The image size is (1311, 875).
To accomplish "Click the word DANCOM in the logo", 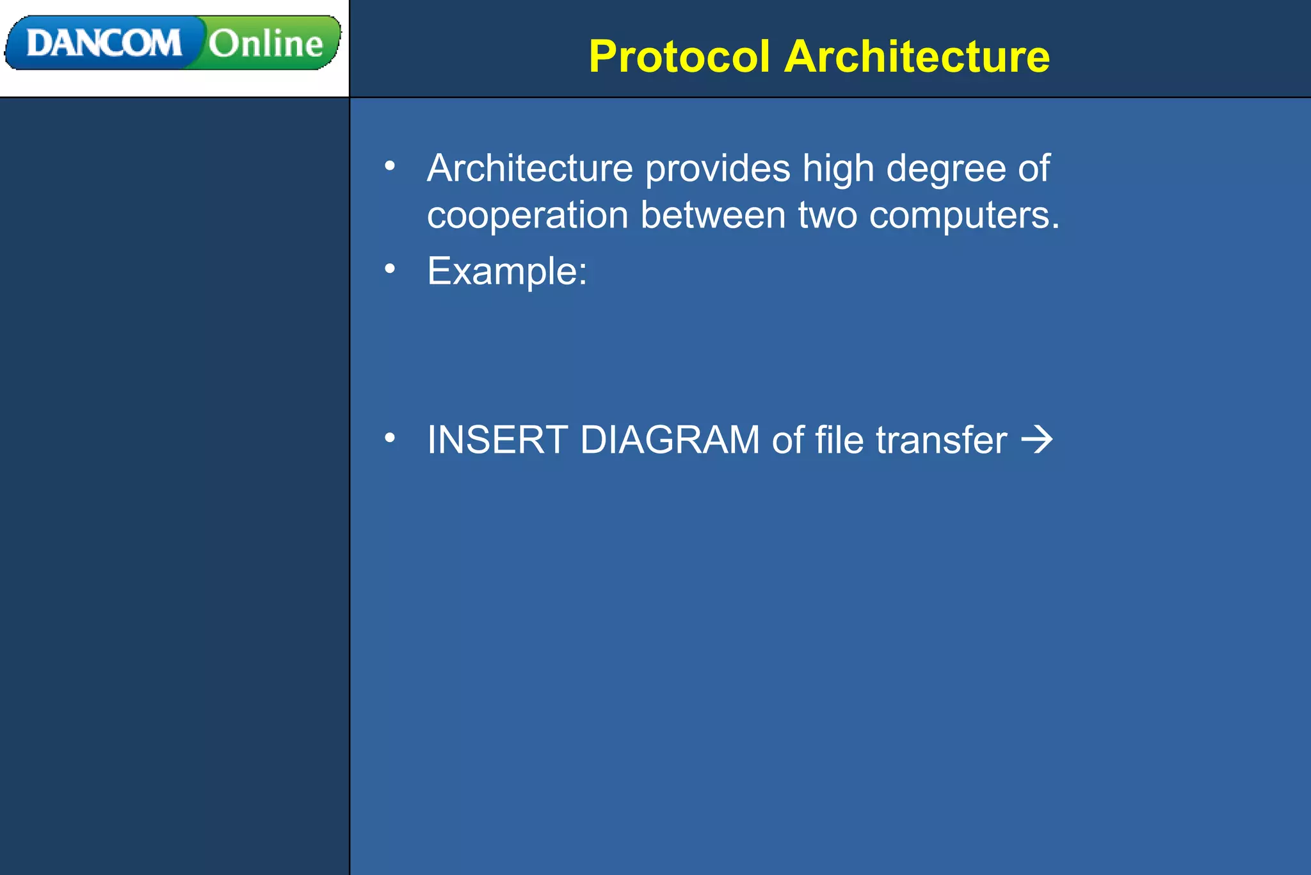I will (x=104, y=44).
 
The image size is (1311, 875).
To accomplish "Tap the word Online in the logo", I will (x=266, y=44).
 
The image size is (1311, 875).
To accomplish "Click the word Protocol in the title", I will (x=679, y=56).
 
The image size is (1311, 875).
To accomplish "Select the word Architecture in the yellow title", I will (x=917, y=56).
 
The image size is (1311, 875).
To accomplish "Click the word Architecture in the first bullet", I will (x=530, y=168).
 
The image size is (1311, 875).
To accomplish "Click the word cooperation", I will (x=527, y=215).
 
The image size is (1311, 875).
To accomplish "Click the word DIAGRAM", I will (x=670, y=440).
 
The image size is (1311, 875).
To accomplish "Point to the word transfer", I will (x=941, y=440).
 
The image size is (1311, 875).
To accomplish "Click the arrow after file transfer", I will (x=1037, y=440).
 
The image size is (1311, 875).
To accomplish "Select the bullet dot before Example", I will (x=390, y=269).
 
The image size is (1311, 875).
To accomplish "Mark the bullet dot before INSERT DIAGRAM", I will (x=390, y=438).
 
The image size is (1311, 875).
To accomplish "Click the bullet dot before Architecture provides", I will (x=390, y=167).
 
